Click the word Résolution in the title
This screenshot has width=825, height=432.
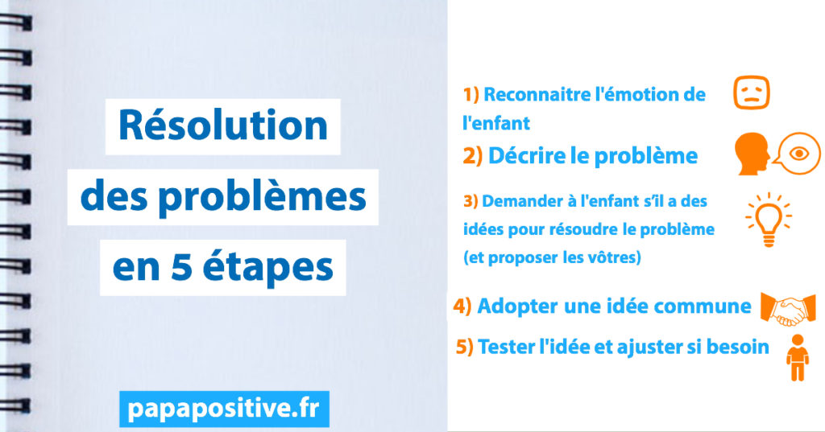coord(223,125)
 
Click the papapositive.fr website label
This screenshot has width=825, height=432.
coord(224,409)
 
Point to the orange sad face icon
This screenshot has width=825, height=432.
coord(752,93)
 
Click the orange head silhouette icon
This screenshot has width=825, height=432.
coord(752,154)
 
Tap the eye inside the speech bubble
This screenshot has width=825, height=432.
coord(800,154)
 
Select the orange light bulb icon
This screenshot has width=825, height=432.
coord(769,220)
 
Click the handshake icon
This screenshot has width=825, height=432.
coord(788,309)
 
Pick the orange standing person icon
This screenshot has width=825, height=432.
coord(798,357)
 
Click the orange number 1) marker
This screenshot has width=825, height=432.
coord(471,95)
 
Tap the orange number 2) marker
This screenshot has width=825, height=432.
coord(472,156)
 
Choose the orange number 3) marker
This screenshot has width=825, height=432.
coord(471,201)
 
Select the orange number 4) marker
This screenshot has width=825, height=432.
coord(462,306)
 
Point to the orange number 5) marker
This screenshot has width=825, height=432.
coord(465,347)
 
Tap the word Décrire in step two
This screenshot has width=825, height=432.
coord(527,155)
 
